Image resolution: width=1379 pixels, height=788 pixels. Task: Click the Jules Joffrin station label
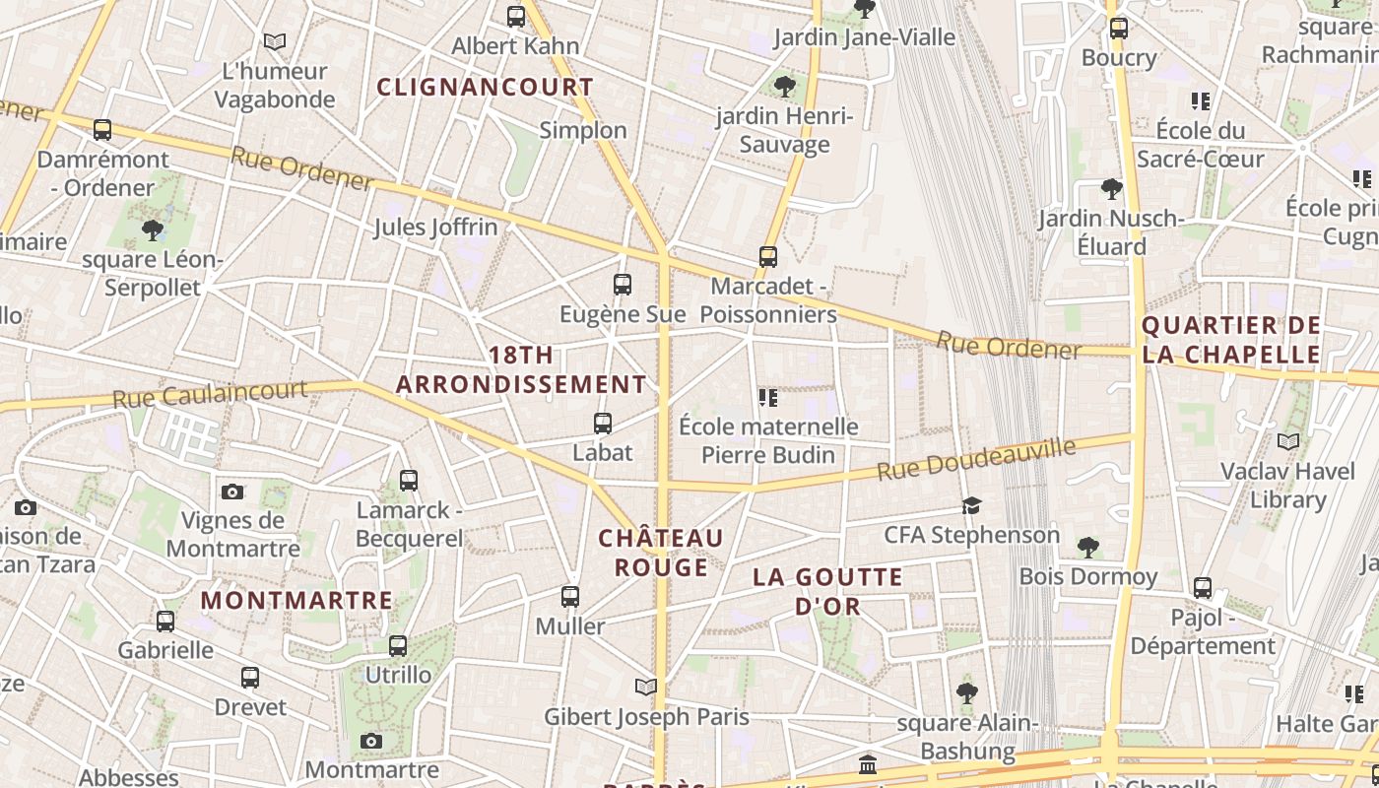click(x=435, y=228)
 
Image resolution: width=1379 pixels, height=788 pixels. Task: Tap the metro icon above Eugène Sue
click(x=623, y=285)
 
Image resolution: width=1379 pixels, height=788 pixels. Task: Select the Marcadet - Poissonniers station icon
click(x=768, y=257)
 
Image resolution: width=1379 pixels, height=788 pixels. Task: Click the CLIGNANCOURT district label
click(x=486, y=87)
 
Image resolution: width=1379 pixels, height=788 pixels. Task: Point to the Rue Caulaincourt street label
click(x=210, y=394)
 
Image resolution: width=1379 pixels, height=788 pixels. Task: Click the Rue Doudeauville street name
click(x=976, y=460)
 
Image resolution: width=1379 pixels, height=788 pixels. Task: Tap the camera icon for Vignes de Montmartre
click(x=232, y=492)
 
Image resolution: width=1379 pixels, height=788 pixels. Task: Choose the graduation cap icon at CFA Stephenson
click(x=972, y=506)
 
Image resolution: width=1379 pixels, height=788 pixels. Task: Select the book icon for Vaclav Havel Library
click(x=1287, y=442)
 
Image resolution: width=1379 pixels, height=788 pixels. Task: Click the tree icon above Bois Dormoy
click(x=1088, y=547)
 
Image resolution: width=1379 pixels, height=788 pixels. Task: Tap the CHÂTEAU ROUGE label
click(x=661, y=553)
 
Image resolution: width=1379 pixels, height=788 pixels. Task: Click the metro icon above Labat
click(x=603, y=424)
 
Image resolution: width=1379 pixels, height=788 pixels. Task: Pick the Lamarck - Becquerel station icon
click(x=409, y=481)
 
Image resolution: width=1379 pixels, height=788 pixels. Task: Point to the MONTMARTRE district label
click(x=296, y=600)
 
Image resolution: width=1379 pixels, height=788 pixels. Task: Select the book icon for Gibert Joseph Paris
click(x=646, y=687)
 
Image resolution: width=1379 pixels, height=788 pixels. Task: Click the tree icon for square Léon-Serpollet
click(x=153, y=230)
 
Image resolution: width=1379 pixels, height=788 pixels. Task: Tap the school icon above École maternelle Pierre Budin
click(x=768, y=398)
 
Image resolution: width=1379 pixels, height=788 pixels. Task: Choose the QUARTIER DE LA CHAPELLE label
click(x=1231, y=340)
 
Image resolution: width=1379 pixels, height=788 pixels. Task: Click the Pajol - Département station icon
click(x=1203, y=588)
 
